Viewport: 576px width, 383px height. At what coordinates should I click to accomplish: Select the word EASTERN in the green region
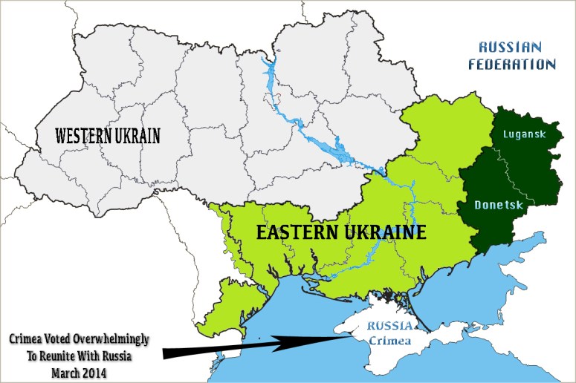[x=301, y=233]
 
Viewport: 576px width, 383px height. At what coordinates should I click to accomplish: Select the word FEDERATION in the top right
[x=511, y=64]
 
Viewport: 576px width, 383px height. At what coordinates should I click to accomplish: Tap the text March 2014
[x=79, y=370]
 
